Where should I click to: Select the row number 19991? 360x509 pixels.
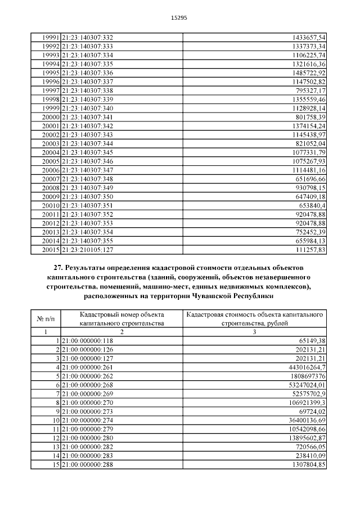pos(51,37)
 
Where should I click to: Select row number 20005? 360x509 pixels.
pos(51,161)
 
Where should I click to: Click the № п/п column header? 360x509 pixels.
pos(46,319)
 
